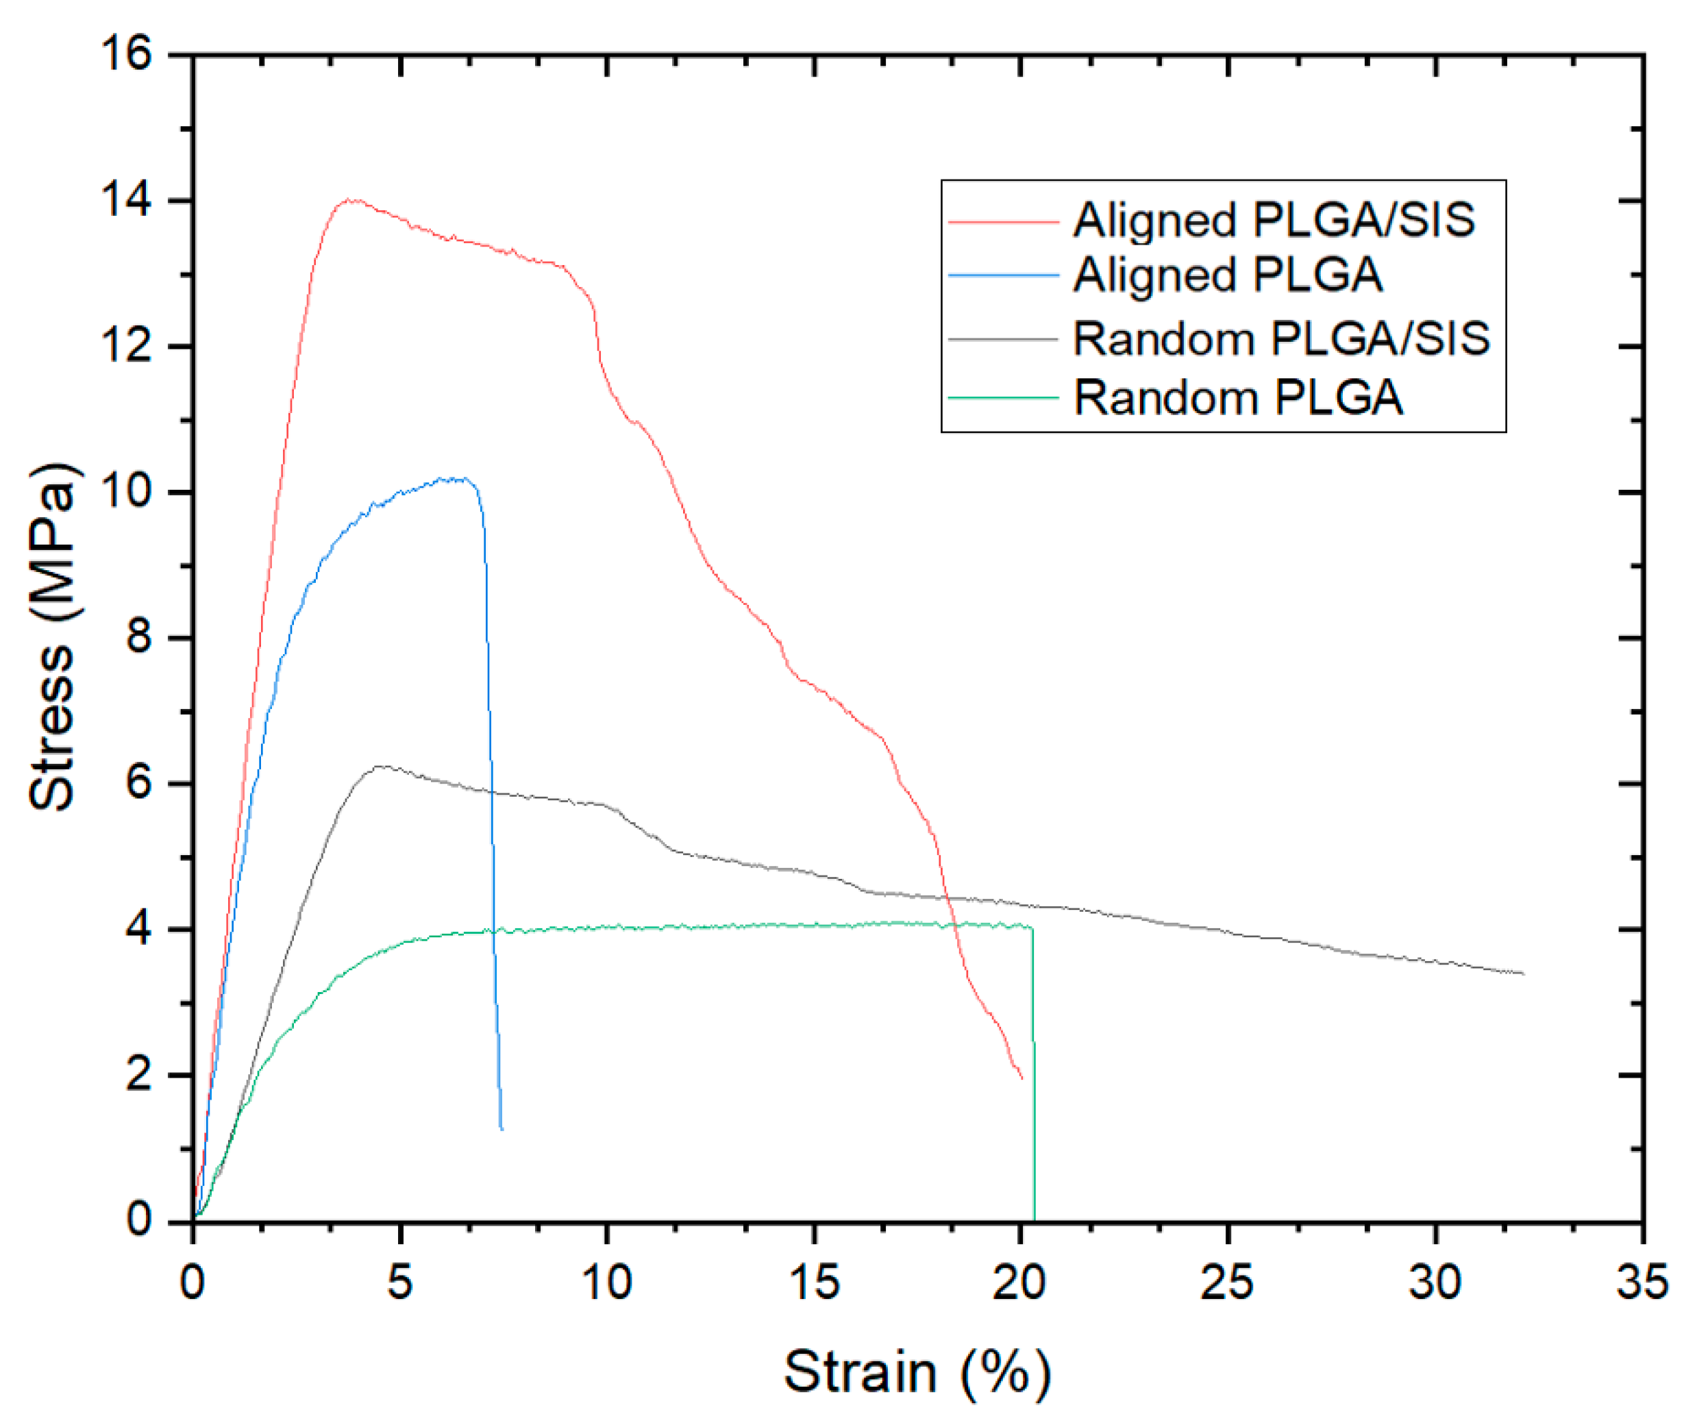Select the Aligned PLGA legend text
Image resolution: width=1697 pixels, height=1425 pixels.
[x=1228, y=275]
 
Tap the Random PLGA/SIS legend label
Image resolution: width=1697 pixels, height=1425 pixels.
[x=1282, y=338]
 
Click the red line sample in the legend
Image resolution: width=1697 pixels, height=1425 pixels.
[x=1003, y=221]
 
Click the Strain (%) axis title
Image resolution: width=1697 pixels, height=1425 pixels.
[x=917, y=1372]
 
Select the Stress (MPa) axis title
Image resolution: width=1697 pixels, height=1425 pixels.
[x=53, y=636]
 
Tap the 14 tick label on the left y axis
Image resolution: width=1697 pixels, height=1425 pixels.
[x=125, y=201]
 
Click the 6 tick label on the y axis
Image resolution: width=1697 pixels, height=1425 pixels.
[x=138, y=783]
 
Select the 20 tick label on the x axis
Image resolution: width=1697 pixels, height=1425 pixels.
[x=1020, y=1282]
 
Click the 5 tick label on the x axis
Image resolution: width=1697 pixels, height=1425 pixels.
[x=400, y=1282]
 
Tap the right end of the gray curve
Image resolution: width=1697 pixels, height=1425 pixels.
[x=1523, y=974]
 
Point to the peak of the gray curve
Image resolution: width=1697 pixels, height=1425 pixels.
[x=377, y=765]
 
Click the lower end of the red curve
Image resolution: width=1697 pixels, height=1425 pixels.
[x=1022, y=1078]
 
